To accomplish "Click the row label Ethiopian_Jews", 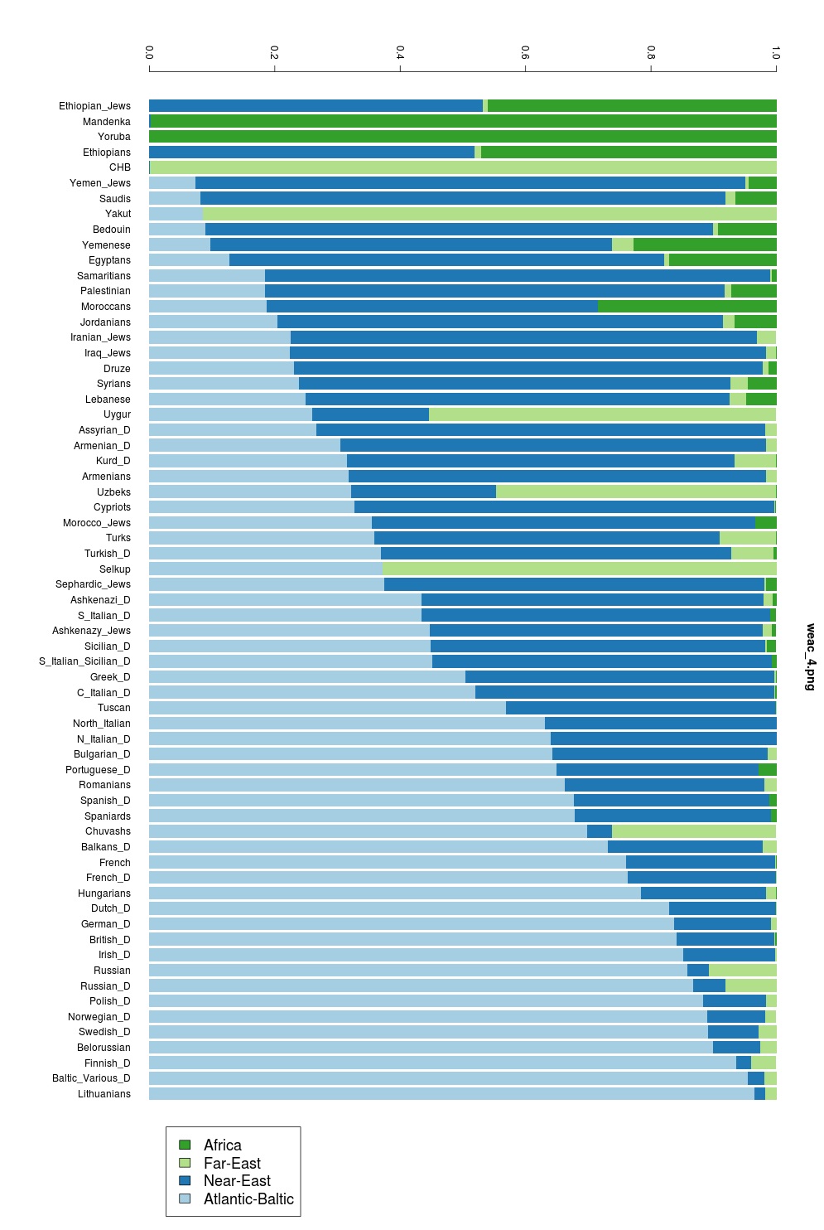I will (94, 106).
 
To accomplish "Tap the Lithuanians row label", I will (104, 1094).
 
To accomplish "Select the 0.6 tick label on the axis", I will (525, 53).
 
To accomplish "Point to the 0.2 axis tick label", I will (274, 53).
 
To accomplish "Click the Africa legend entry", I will (222, 1145).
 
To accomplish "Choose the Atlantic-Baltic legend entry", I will (248, 1199).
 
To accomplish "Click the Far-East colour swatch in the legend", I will (185, 1163).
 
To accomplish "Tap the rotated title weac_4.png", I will (811, 656).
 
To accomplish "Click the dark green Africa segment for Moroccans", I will (687, 307).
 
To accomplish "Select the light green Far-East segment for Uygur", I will (602, 414).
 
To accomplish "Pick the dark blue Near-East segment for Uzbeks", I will (423, 492).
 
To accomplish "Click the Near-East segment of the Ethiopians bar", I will (311, 153).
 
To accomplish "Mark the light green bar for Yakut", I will (489, 214).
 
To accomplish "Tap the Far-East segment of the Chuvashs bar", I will (693, 831).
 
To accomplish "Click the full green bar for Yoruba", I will (462, 137).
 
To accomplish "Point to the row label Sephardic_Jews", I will (93, 584).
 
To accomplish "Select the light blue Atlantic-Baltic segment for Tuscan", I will (327, 708).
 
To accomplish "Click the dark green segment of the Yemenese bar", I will (705, 245).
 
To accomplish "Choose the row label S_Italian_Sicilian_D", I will (84, 661).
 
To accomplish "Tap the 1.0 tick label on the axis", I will (775, 53).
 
